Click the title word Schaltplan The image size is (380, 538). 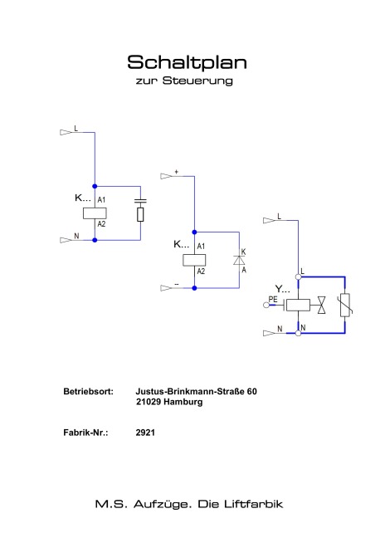(x=187, y=62)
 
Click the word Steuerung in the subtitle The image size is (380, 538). (x=197, y=81)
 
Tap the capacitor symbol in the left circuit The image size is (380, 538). (x=140, y=201)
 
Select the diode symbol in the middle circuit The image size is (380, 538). (x=239, y=261)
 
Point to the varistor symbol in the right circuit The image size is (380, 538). (x=345, y=305)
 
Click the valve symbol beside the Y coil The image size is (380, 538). (x=322, y=305)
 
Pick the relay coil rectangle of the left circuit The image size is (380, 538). (x=95, y=213)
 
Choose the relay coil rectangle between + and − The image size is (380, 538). (x=194, y=260)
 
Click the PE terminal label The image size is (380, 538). (x=273, y=300)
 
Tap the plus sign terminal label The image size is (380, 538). (x=177, y=172)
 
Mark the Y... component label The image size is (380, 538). (x=282, y=289)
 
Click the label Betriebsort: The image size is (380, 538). (x=88, y=392)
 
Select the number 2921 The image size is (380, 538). (x=145, y=433)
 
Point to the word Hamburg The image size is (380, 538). (x=183, y=402)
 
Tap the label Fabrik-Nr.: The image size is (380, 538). (x=85, y=433)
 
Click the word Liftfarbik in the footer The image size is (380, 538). (x=254, y=504)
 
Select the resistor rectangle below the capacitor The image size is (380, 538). (x=140, y=214)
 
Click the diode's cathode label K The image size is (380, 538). (x=243, y=252)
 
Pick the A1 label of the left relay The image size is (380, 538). (x=101, y=200)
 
